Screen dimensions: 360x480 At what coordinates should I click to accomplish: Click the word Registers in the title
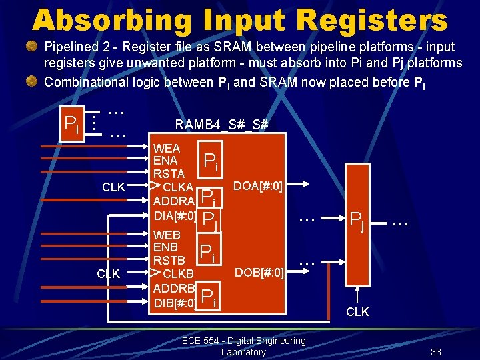point(374,20)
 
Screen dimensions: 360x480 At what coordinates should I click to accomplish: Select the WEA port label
point(167,148)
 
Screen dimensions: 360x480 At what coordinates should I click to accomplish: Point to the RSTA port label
point(169,173)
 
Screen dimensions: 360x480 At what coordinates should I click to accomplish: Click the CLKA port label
point(178,187)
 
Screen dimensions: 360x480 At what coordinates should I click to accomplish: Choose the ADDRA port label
point(173,201)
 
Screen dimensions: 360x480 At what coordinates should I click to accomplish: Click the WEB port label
point(167,235)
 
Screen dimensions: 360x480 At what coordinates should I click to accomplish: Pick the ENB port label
point(165,247)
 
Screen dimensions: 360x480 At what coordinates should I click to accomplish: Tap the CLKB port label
point(178,273)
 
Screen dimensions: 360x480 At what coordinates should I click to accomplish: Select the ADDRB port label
point(173,289)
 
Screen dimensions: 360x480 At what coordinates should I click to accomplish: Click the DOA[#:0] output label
point(259,185)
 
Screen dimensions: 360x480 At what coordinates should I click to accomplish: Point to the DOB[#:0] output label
point(259,272)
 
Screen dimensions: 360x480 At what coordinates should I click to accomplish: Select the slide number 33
point(436,352)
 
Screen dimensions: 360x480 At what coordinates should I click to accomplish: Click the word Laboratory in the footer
point(243,352)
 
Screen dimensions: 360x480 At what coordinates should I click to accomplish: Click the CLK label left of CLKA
point(113,187)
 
